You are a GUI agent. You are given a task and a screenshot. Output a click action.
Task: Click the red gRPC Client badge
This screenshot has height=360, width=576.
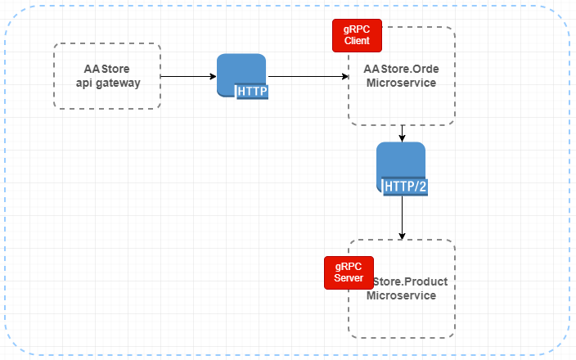(x=357, y=34)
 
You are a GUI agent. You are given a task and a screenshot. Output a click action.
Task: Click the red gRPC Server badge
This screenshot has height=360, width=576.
(x=349, y=273)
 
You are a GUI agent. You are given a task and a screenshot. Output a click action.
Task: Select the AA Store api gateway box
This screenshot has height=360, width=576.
(x=107, y=76)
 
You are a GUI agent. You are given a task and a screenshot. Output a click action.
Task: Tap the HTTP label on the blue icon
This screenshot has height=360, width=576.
(x=252, y=92)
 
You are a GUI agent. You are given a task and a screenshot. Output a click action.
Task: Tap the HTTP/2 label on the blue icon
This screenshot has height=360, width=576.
(x=407, y=186)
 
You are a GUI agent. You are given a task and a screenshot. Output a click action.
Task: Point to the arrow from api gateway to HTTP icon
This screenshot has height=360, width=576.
(x=188, y=77)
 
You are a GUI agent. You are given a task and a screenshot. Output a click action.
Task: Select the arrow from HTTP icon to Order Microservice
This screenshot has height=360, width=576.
(x=307, y=77)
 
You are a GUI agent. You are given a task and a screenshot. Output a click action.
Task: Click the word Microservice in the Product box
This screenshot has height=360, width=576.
(x=401, y=295)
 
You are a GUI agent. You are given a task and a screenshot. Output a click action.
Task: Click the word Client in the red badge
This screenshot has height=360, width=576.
(x=357, y=40)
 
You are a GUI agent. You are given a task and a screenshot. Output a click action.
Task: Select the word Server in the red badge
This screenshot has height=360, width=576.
(x=349, y=279)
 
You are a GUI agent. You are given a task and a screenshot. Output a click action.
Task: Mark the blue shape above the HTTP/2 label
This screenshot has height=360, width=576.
(x=401, y=160)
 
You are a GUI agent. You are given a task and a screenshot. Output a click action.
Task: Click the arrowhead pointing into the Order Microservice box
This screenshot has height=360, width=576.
(x=344, y=77)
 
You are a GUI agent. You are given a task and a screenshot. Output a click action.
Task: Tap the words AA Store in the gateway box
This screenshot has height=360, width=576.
(x=107, y=69)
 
